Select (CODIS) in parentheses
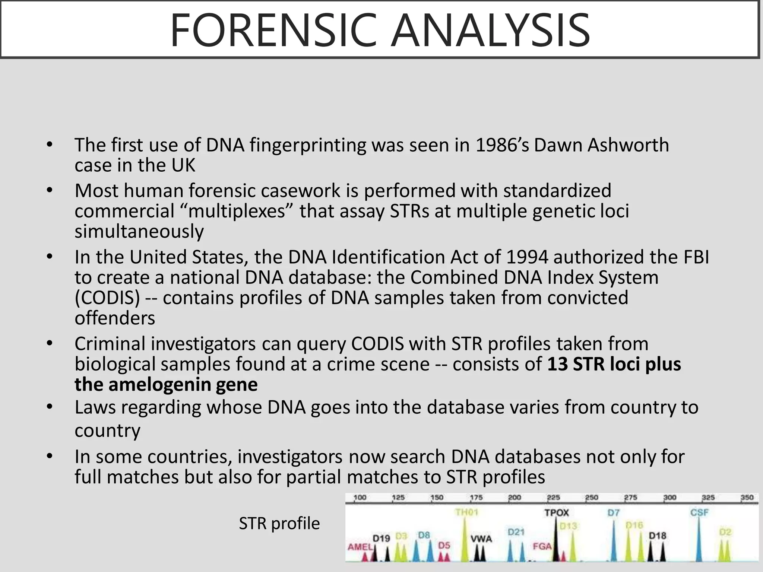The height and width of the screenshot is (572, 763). click(107, 298)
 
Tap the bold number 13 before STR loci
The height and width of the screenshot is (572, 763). click(557, 364)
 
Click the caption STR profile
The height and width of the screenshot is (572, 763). click(279, 523)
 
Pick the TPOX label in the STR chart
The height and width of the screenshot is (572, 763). click(557, 513)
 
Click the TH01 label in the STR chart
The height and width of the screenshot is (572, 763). click(466, 512)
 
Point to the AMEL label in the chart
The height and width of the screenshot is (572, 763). click(360, 547)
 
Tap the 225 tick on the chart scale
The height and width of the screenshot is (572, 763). click(553, 498)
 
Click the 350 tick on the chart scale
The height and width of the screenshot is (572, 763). click(747, 498)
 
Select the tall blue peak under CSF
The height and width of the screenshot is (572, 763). click(699, 540)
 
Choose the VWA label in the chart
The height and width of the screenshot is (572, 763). click(481, 538)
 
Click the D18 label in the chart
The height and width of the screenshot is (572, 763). click(657, 536)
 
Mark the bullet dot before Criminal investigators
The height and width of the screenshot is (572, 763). click(50, 343)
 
